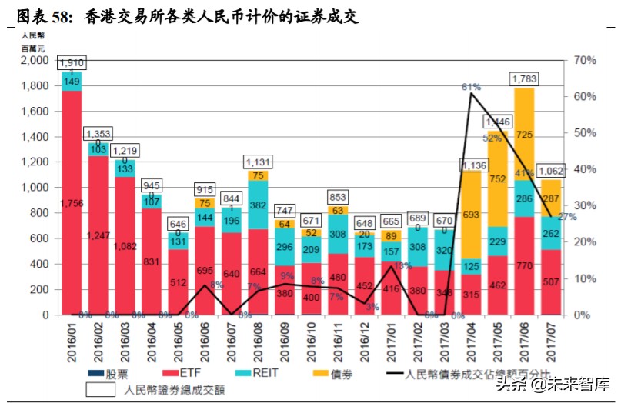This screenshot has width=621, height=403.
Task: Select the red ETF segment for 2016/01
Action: (72, 203)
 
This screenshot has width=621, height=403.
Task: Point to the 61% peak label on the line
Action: (471, 87)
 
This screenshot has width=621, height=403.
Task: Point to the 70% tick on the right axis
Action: (585, 60)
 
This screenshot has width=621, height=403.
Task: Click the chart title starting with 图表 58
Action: (187, 16)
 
